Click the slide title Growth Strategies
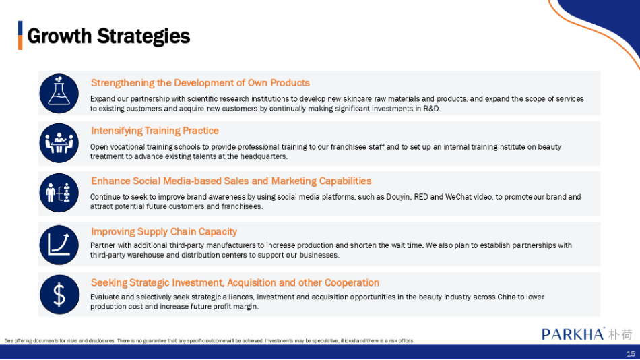click(x=108, y=36)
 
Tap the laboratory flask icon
click(x=59, y=94)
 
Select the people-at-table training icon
click(x=59, y=143)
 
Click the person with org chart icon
click(x=59, y=193)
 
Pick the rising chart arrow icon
click(x=59, y=245)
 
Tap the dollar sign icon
click(x=59, y=295)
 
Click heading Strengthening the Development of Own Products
click(x=200, y=83)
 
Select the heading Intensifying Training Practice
click(x=155, y=131)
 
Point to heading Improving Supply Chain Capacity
click(x=164, y=232)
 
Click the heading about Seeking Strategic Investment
click(x=234, y=282)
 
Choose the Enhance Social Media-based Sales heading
click(x=231, y=181)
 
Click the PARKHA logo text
click(x=573, y=334)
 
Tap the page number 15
click(x=631, y=353)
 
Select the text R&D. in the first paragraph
click(x=433, y=109)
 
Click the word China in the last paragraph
click(x=507, y=297)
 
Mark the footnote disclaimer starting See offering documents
click(x=210, y=341)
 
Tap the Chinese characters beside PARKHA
click(x=620, y=334)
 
